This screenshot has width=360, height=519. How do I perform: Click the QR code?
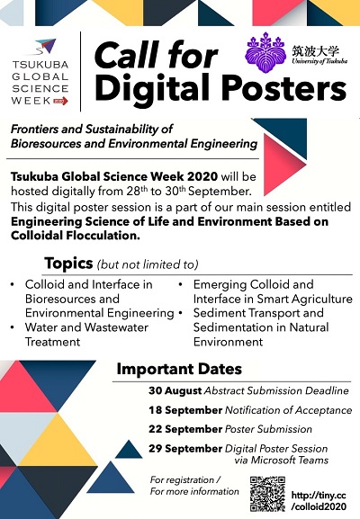(x=267, y=494)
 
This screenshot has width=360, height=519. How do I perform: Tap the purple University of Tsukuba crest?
(x=265, y=53)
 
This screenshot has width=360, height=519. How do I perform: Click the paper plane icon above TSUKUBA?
(x=45, y=47)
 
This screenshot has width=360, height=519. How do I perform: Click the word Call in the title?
(x=127, y=55)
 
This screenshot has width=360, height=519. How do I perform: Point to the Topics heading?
(x=68, y=264)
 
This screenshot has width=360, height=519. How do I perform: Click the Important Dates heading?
(x=179, y=369)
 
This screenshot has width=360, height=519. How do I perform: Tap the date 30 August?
(x=175, y=390)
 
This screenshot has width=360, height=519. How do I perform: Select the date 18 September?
(x=185, y=410)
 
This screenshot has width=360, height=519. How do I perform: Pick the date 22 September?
(x=185, y=429)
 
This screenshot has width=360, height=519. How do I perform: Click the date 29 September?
(x=185, y=449)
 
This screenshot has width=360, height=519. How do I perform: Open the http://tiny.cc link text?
(x=319, y=496)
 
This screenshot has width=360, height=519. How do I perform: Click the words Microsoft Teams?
(x=290, y=460)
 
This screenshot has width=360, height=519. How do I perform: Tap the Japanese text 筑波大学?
(x=316, y=51)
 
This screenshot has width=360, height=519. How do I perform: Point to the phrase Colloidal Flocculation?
(x=76, y=236)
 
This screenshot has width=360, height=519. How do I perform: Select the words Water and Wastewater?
(x=86, y=327)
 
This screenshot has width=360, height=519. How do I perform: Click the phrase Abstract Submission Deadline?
(x=276, y=390)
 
